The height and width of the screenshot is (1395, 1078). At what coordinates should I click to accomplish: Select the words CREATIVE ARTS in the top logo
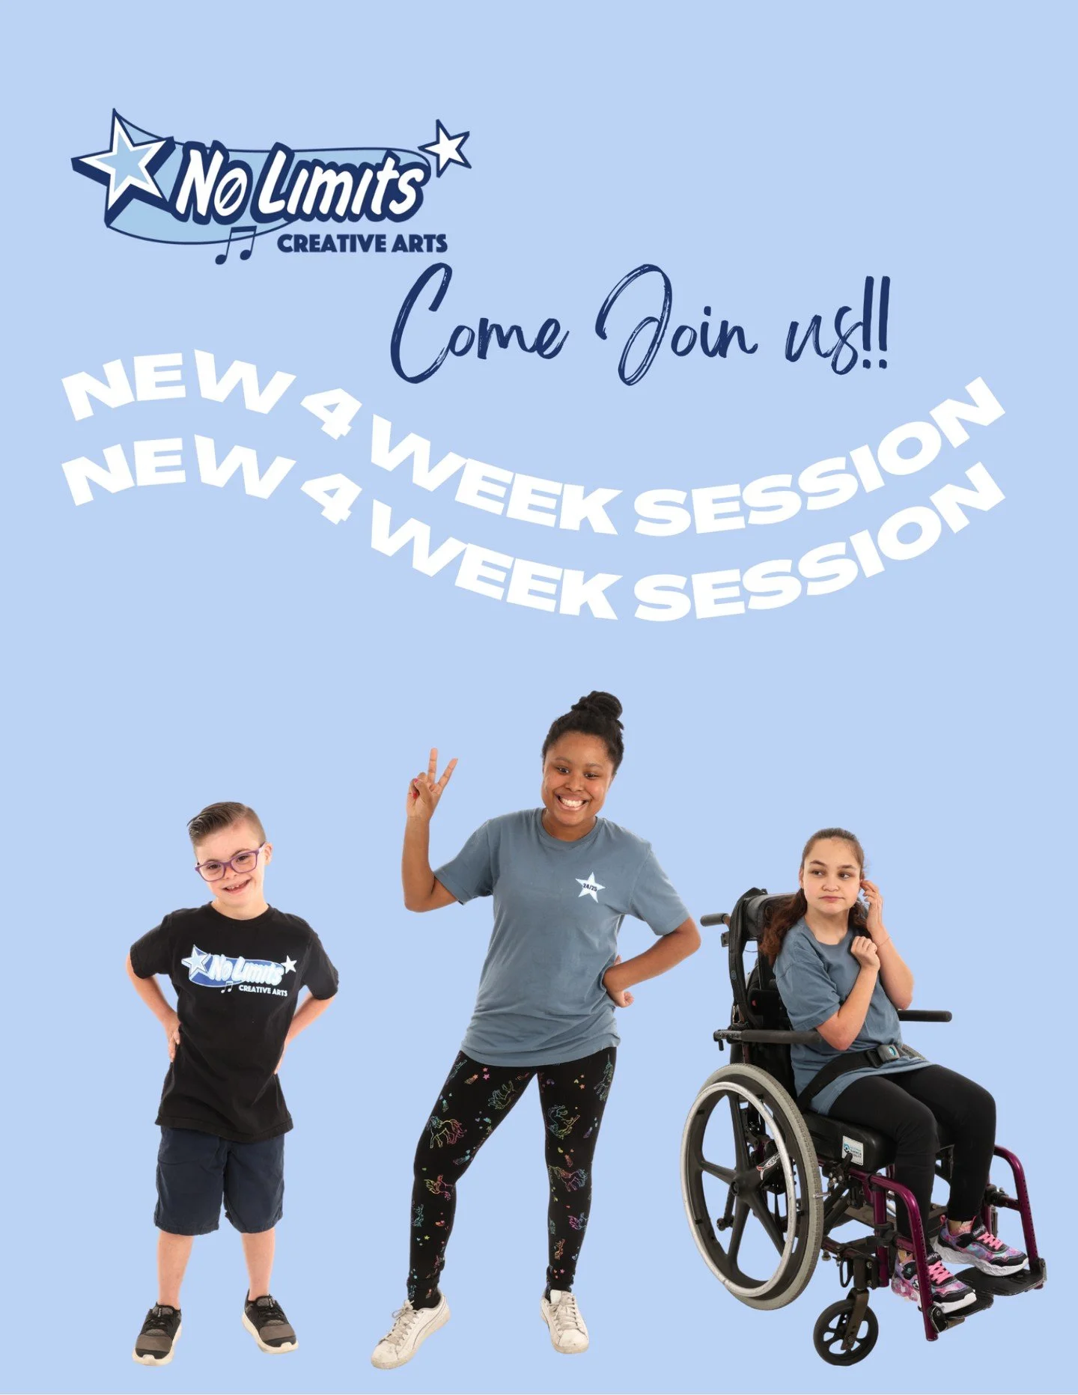(362, 243)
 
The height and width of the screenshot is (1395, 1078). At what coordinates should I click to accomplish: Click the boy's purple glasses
(229, 864)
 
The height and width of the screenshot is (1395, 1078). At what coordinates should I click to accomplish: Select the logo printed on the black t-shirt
(238, 971)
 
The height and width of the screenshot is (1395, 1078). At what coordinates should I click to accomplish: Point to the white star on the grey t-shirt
(591, 887)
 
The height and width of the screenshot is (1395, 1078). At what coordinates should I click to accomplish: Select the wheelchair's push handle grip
(714, 919)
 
